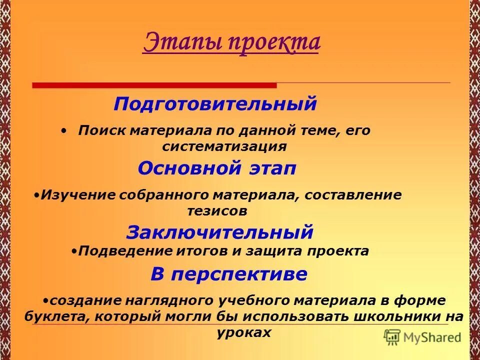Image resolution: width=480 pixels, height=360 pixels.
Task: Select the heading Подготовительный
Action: (215, 104)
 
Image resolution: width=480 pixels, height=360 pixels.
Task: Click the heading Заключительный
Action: (219, 232)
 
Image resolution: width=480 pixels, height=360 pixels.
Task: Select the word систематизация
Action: (224, 146)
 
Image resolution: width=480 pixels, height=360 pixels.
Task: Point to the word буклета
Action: (55, 316)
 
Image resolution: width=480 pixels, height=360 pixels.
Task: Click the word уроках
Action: (244, 332)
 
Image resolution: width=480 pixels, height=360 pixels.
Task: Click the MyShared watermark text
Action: (432, 337)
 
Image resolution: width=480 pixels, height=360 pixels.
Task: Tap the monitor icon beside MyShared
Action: (392, 337)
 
